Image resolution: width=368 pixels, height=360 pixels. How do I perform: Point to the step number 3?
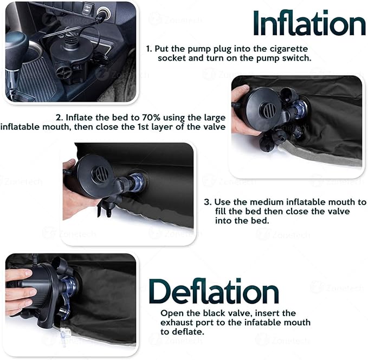tap(207, 202)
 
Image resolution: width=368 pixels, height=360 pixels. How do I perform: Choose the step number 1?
tap(149, 49)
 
